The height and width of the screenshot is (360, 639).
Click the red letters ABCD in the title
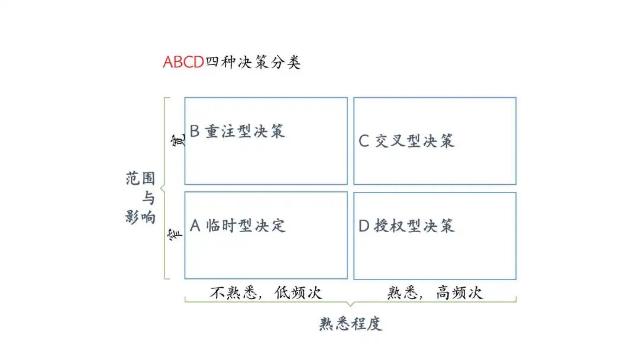coord(183,62)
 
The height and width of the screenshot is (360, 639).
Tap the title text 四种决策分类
coord(253,62)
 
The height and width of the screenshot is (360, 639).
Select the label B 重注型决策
coord(237,131)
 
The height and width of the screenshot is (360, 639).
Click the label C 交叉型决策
coord(407,141)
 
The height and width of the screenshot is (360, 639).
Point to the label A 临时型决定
coord(237,226)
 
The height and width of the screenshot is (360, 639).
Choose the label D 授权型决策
coord(407,226)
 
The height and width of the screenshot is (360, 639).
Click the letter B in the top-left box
coord(195,131)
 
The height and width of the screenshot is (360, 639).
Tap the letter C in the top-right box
coord(364,141)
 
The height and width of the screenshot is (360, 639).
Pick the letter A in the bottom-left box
coord(196,226)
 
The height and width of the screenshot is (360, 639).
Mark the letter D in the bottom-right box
coord(364,226)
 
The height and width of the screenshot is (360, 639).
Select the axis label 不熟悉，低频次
coord(267,292)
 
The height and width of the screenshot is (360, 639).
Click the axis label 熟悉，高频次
coord(435,292)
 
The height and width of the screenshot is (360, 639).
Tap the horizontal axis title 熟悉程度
coord(351,323)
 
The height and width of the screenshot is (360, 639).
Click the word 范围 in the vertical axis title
coord(140,178)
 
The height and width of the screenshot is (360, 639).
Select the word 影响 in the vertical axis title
coord(140,217)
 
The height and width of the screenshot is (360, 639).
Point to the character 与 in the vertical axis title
coord(148,198)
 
